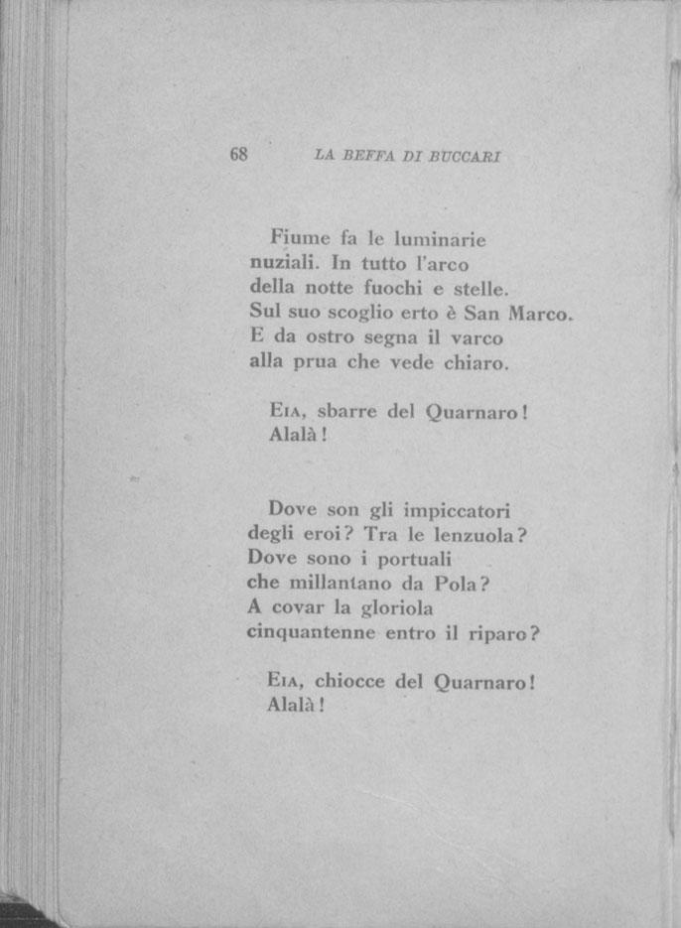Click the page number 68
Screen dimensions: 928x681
tap(238, 155)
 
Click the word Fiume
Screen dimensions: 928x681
tap(297, 239)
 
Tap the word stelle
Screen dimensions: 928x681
tap(479, 290)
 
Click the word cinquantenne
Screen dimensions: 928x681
tap(311, 632)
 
